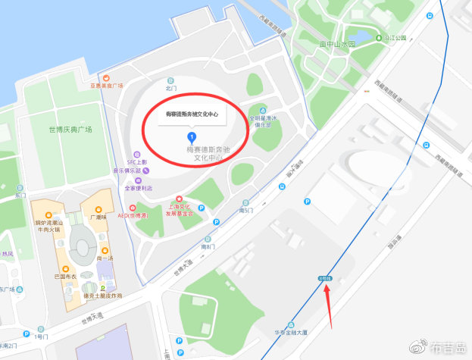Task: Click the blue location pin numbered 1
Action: (x=192, y=137)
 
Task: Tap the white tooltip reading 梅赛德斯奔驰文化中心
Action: (x=192, y=114)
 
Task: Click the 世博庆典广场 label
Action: (x=69, y=130)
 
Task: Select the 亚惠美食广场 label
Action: (x=106, y=86)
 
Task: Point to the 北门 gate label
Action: (x=170, y=89)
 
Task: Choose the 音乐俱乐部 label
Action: (x=128, y=171)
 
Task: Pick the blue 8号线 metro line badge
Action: (x=325, y=279)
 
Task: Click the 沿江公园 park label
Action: (x=395, y=37)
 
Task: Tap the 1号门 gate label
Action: (x=42, y=335)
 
